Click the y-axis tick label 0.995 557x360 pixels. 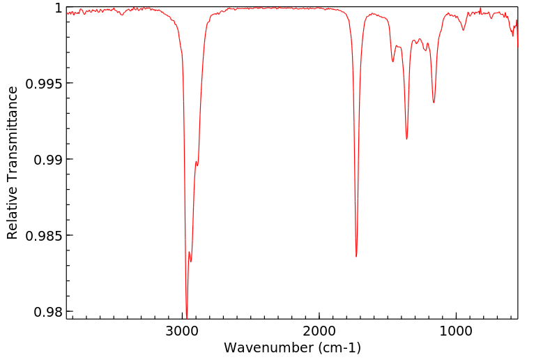tap(44, 84)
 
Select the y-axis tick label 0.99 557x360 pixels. tap(47, 160)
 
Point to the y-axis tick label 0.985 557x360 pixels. tap(44, 236)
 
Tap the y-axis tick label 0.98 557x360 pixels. tap(47, 311)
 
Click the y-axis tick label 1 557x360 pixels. tap(59, 8)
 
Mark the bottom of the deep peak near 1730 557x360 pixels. tap(356, 256)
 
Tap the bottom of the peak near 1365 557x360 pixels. tap(406, 139)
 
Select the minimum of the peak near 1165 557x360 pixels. tap(434, 103)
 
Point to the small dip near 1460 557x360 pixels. tap(393, 61)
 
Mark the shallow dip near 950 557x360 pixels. tap(464, 30)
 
